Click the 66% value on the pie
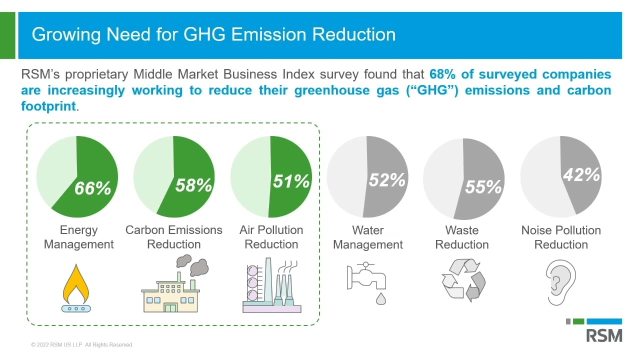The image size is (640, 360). click(x=92, y=188)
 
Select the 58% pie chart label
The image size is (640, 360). click(x=193, y=185)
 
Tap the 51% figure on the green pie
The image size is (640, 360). click(x=291, y=181)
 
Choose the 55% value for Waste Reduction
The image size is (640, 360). click(x=483, y=187)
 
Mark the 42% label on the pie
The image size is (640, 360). click(x=581, y=175)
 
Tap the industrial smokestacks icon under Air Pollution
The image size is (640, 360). click(x=271, y=285)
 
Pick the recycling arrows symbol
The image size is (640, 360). click(x=463, y=280)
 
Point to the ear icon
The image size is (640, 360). click(x=561, y=282)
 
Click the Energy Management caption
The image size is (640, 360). click(x=79, y=237)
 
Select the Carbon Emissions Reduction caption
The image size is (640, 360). click(x=173, y=237)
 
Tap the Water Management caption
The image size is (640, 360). click(x=367, y=237)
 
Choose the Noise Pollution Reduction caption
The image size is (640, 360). click(x=561, y=237)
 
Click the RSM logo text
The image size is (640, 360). click(x=604, y=335)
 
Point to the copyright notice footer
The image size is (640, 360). click(x=82, y=345)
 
